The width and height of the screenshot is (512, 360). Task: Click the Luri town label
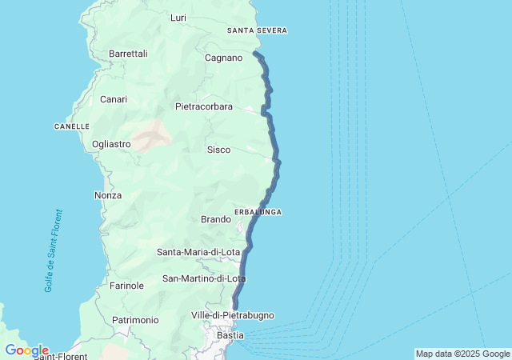coord(178,17)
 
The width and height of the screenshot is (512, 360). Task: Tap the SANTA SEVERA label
coord(257,30)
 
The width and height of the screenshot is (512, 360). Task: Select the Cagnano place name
coord(223,58)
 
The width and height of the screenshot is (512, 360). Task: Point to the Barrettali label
coord(128,54)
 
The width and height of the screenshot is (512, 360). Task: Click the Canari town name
coord(114,99)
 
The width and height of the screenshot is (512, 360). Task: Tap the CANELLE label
coord(71,126)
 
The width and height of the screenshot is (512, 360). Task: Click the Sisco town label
coord(218,150)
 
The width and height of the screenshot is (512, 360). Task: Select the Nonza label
coord(108,195)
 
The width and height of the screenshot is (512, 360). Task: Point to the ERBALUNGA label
coord(258,211)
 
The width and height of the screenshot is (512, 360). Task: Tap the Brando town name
coord(216,219)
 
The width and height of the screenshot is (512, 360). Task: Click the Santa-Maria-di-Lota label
coord(198,252)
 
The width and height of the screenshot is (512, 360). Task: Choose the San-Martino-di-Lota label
coord(204,278)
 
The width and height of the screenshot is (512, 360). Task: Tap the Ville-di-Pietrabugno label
coord(233,315)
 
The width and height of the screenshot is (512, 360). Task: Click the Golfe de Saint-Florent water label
coord(54,250)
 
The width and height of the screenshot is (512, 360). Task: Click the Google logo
coord(26,350)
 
